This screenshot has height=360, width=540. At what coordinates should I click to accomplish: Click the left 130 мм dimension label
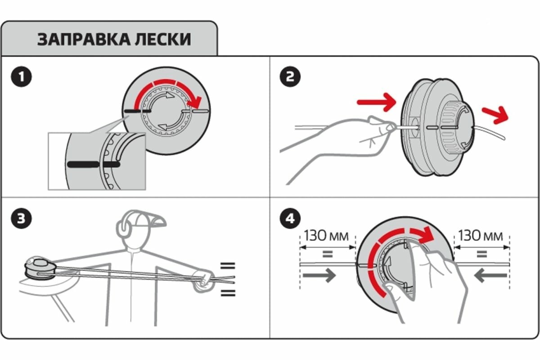pyautogui.click(x=327, y=235)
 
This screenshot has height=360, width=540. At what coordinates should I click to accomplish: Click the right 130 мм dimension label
pyautogui.click(x=481, y=235)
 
